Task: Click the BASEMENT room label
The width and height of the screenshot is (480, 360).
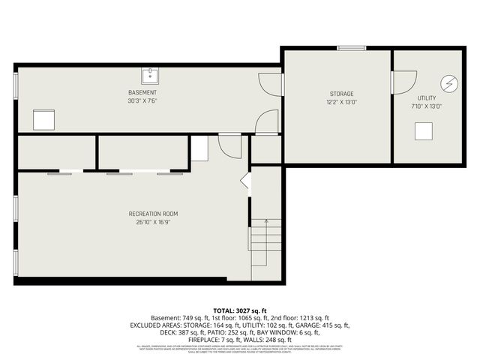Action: coord(142,92)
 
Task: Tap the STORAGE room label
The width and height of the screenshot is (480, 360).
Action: coord(341,94)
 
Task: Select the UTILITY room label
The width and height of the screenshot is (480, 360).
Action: coord(427,98)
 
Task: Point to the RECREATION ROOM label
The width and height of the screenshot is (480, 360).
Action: coord(153,214)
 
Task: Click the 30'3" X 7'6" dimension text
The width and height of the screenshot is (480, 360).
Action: coord(142,100)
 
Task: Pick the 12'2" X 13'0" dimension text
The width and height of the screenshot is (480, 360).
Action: coord(341,102)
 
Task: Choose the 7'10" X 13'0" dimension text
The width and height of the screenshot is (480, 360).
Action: coord(427,106)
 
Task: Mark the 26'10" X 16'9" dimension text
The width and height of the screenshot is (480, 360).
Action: coord(153,222)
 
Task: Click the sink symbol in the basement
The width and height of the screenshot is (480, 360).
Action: coord(150,75)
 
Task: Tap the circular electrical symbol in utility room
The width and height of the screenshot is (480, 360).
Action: coord(448,82)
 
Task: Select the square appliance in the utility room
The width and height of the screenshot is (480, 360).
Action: coord(424,130)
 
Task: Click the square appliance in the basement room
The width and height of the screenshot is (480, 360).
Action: coord(43,119)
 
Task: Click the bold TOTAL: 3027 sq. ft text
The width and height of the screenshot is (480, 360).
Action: coord(240,310)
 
